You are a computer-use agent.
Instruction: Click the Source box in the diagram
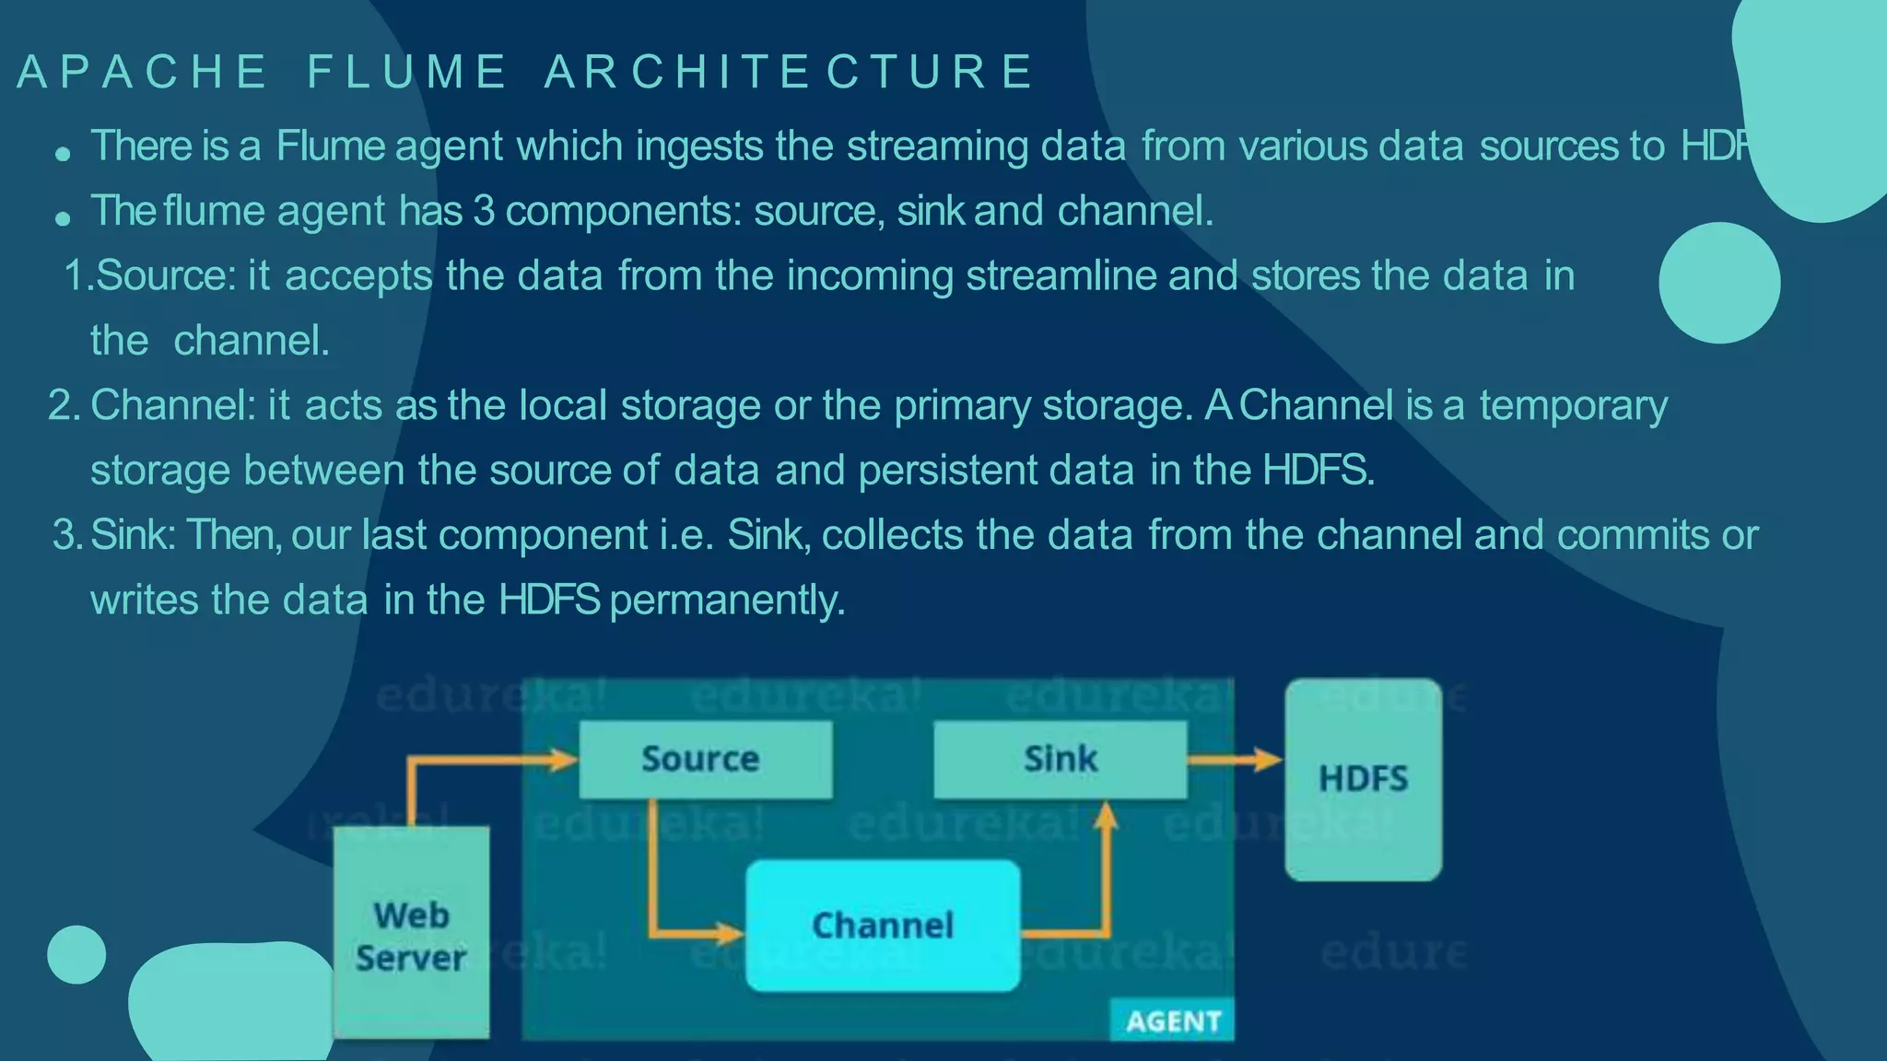(x=705, y=759)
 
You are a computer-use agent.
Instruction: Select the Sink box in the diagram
(x=1060, y=759)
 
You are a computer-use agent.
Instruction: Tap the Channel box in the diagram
(x=882, y=925)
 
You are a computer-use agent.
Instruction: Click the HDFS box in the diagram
(x=1363, y=779)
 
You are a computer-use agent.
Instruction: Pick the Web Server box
(x=411, y=935)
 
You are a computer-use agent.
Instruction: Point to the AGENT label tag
(x=1173, y=1020)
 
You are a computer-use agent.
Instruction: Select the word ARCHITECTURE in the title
(x=789, y=72)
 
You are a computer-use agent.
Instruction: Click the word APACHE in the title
(x=142, y=72)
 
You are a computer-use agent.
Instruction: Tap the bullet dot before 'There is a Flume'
(x=63, y=154)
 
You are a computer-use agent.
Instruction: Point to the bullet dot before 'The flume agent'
(x=63, y=219)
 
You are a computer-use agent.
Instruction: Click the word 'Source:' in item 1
(x=166, y=275)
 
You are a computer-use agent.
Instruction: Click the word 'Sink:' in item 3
(x=134, y=535)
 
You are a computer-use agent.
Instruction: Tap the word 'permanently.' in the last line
(x=727, y=600)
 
